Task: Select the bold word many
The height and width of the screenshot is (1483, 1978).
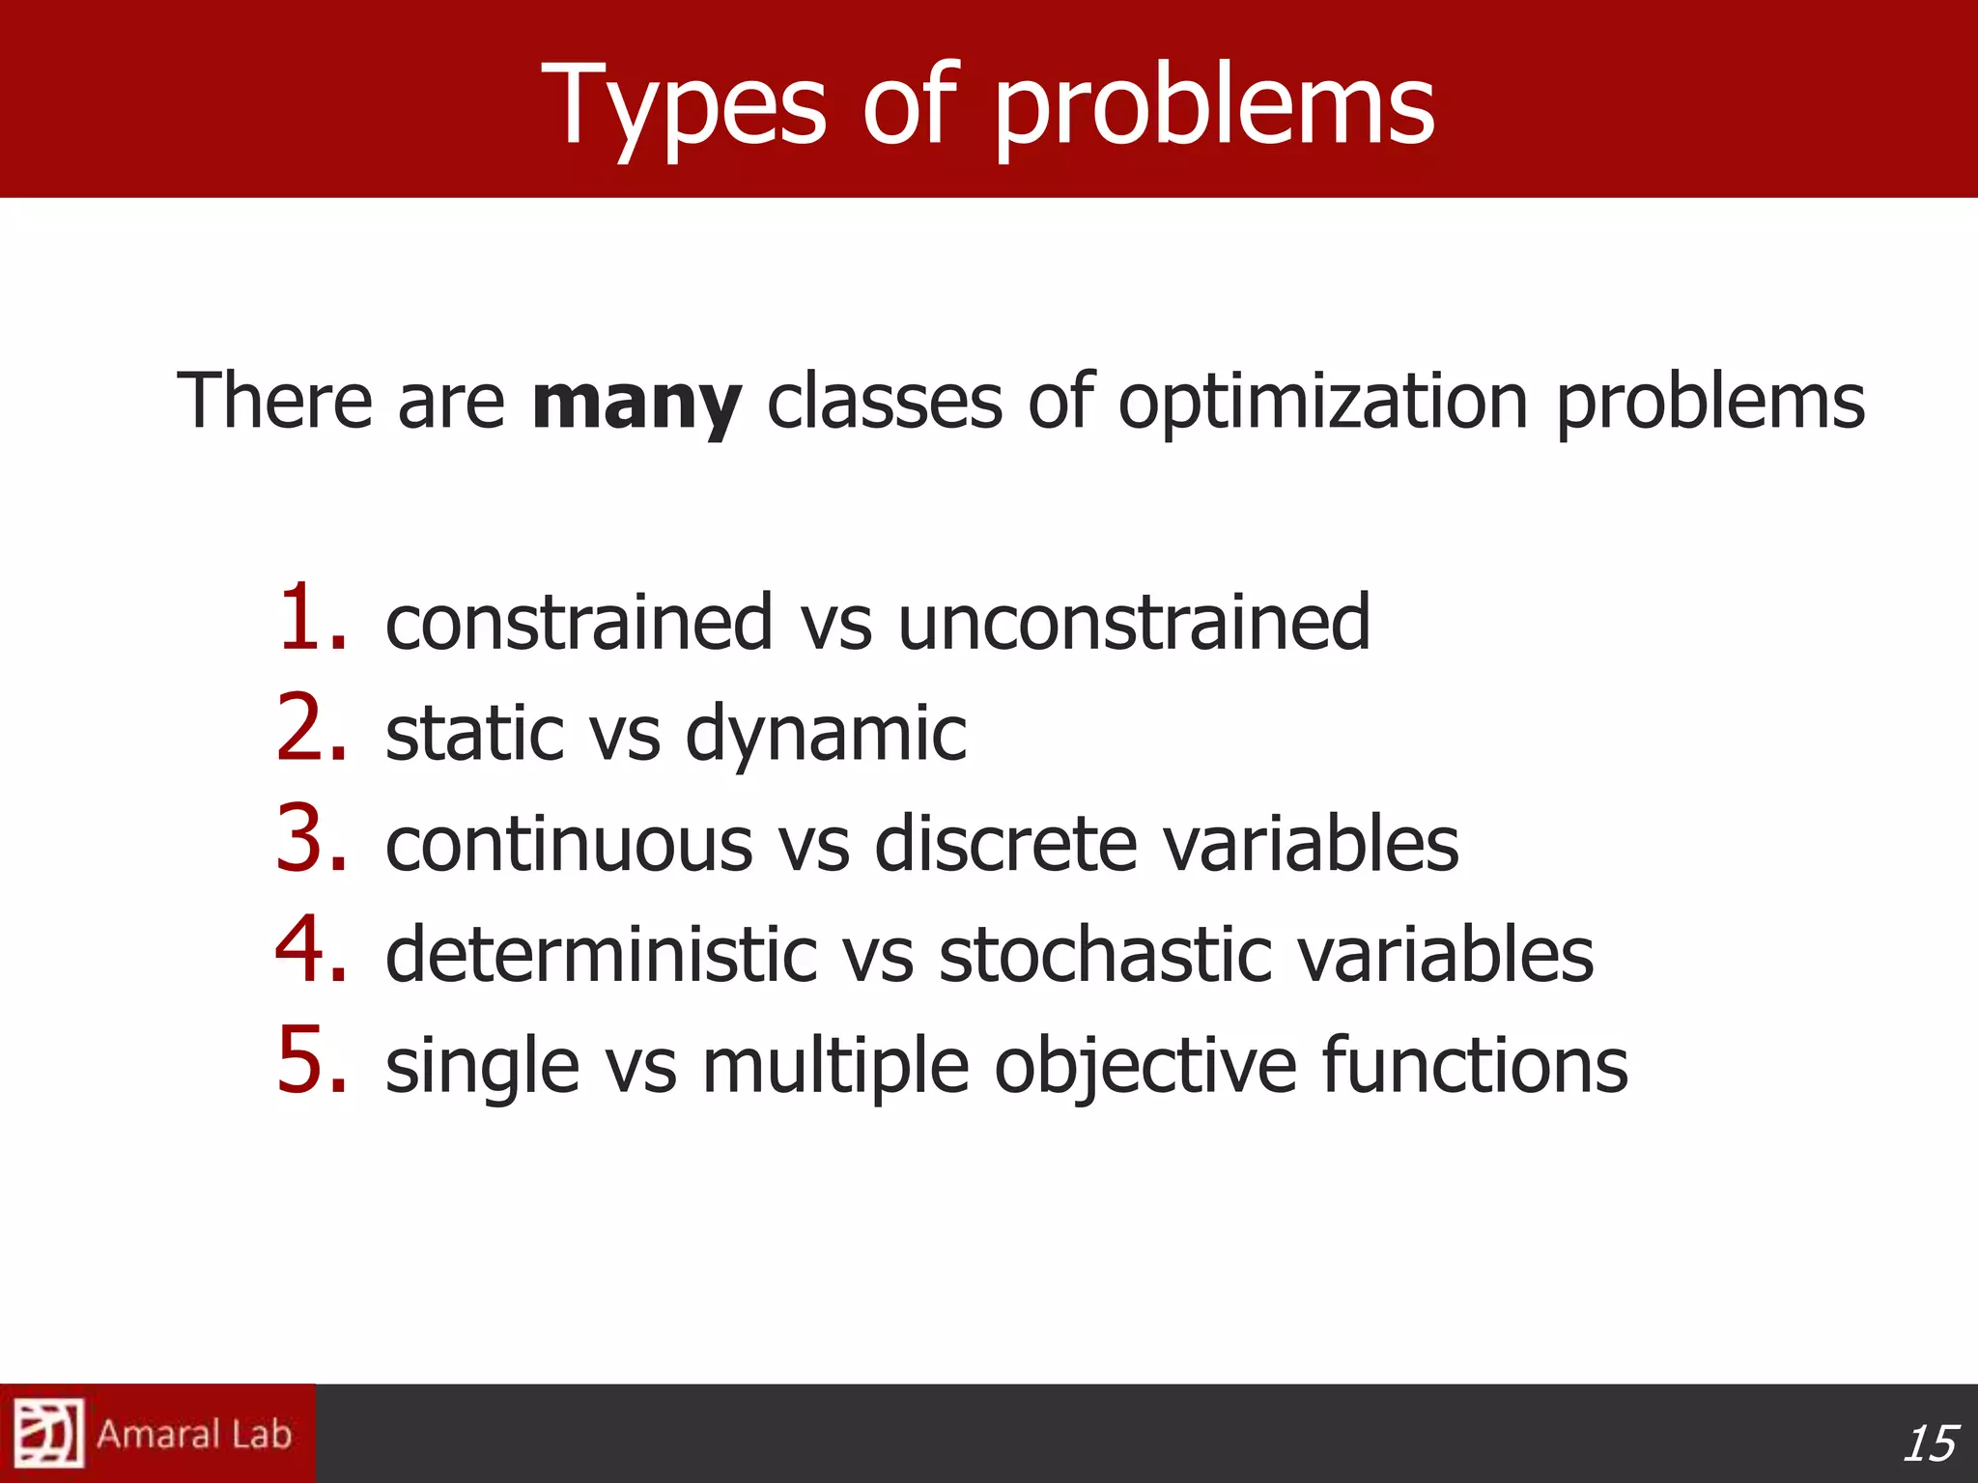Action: coord(636,403)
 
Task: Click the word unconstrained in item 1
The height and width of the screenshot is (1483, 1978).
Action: coord(1134,623)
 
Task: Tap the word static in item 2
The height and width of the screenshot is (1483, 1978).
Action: coord(474,733)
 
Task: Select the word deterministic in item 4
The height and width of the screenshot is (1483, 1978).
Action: coord(601,955)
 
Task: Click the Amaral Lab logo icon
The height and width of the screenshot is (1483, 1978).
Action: coord(49,1434)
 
